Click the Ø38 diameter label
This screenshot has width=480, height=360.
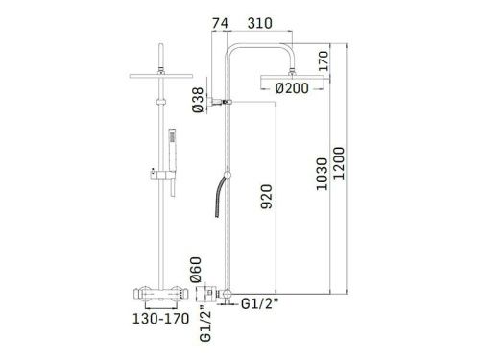[x=197, y=100]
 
